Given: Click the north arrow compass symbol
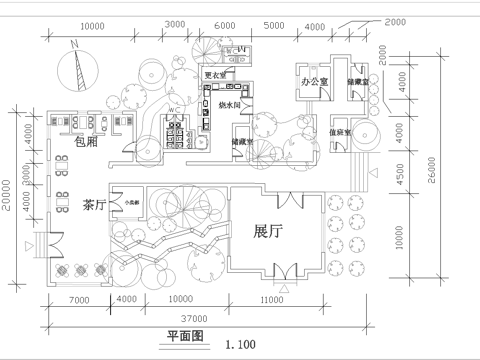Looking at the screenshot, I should click(x=73, y=68).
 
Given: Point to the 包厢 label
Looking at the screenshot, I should click(x=87, y=141).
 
